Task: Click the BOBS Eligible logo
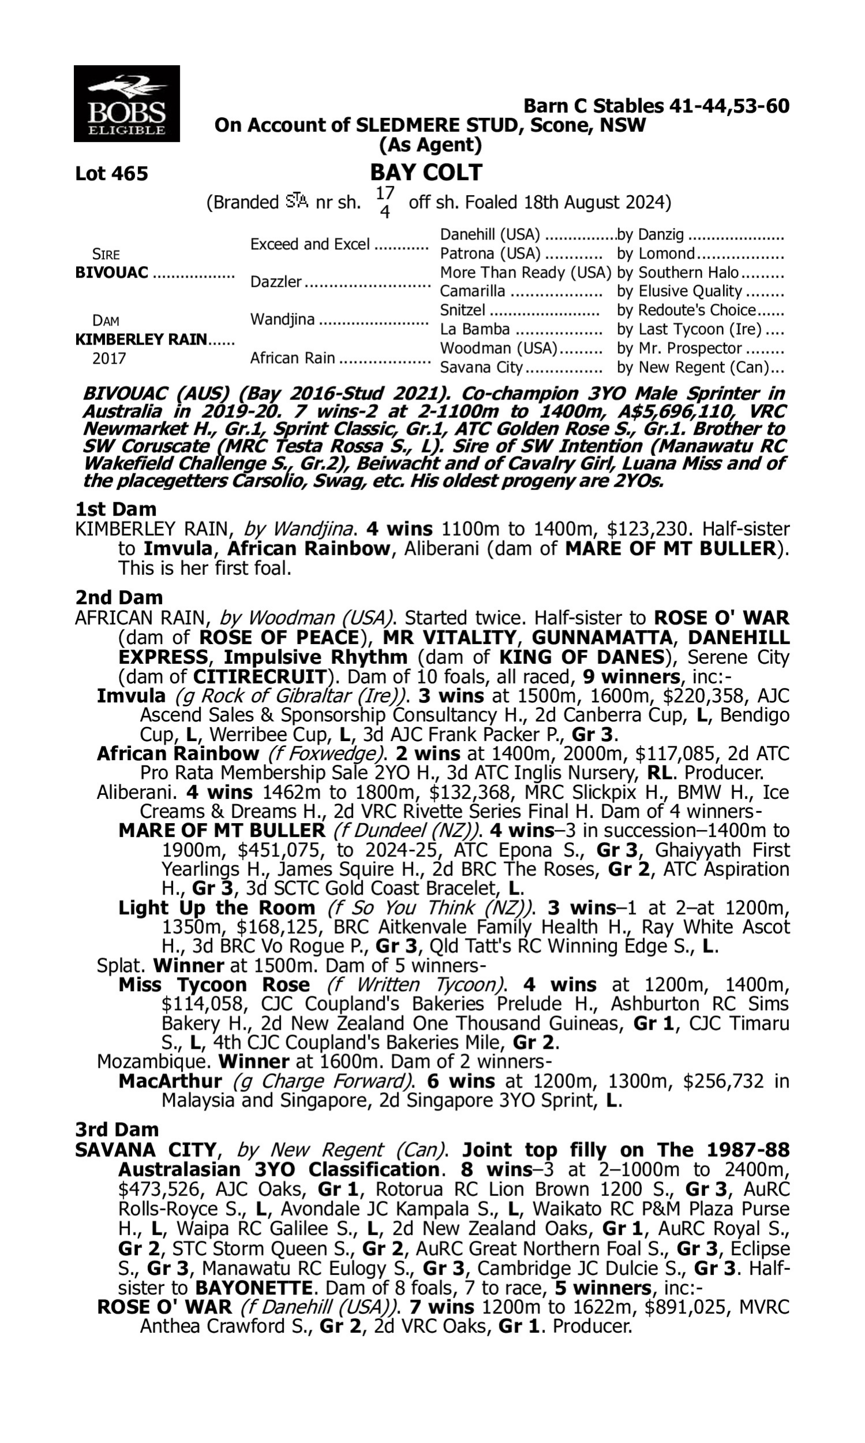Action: point(126,103)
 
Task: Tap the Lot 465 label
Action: point(111,173)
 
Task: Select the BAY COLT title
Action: point(426,172)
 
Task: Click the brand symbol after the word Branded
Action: point(296,202)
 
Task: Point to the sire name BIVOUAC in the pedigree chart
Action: point(111,272)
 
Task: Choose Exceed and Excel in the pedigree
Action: point(310,244)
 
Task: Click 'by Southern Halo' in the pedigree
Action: point(678,272)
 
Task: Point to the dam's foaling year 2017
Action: point(109,358)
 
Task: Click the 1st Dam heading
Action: point(115,509)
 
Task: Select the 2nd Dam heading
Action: point(118,597)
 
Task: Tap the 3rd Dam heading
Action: point(116,1130)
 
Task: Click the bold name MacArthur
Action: point(170,1081)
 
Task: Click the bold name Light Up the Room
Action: point(216,907)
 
